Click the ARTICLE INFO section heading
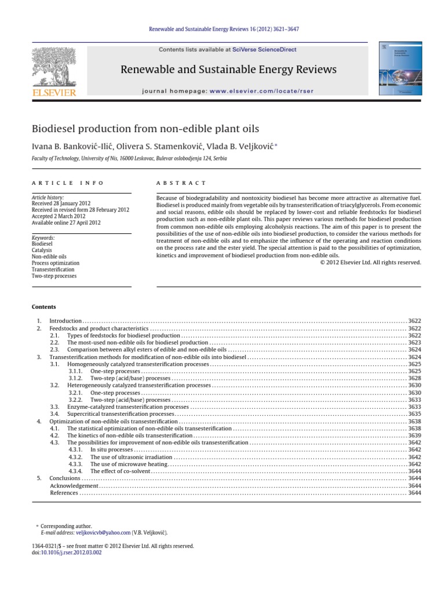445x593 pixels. [x=68, y=182]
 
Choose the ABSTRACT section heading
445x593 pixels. [x=181, y=182]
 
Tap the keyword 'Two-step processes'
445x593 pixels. [x=54, y=276]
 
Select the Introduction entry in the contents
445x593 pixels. [x=65, y=320]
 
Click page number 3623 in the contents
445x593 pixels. [x=414, y=343]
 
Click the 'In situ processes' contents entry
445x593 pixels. [x=111, y=449]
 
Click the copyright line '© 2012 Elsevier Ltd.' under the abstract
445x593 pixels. [x=371, y=262]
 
